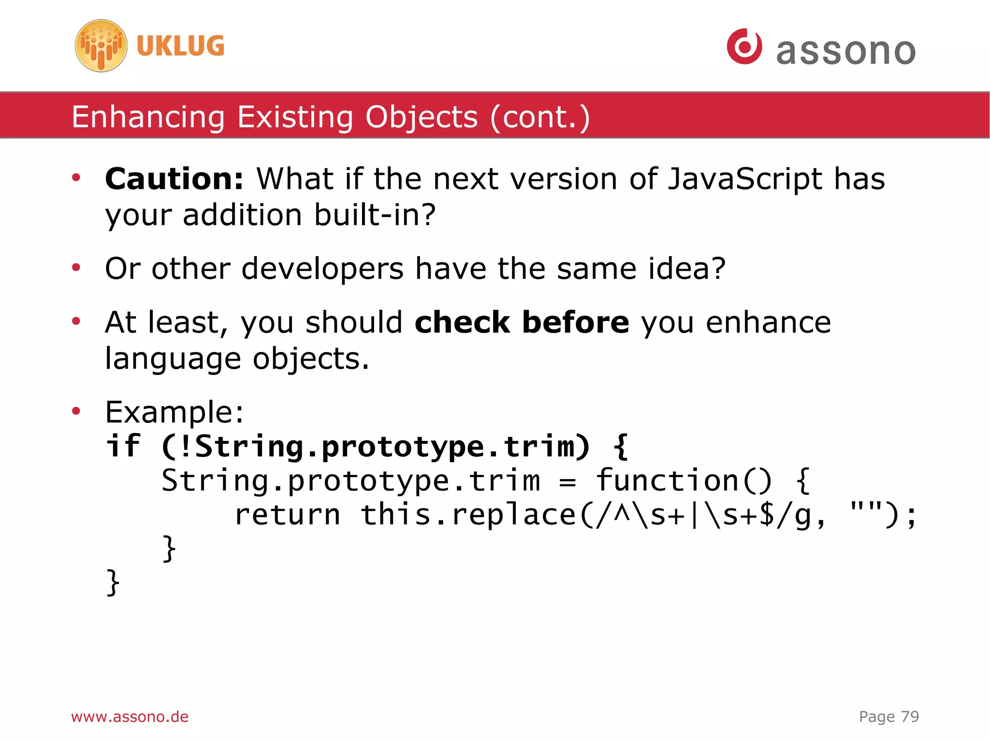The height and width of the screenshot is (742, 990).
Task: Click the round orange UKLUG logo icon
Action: click(101, 46)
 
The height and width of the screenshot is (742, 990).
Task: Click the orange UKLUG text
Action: click(180, 46)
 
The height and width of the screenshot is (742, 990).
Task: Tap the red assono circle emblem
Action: click(744, 46)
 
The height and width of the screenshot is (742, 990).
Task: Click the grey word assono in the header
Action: click(845, 51)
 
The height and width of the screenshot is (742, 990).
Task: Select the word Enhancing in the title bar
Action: click(148, 117)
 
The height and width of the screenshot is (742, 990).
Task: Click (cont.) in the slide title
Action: click(540, 117)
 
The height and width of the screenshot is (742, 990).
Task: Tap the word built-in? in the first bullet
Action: click(375, 215)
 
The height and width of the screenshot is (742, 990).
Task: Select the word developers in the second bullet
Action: click(322, 269)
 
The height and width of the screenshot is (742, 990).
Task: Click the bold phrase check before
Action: click(522, 322)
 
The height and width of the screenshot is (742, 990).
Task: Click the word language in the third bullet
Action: click(173, 359)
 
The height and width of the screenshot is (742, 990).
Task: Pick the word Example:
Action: click(175, 412)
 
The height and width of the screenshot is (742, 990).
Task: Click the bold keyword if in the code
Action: click(123, 446)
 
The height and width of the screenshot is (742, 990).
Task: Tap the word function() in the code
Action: click(684, 481)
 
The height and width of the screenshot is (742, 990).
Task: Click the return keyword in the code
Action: click(287, 515)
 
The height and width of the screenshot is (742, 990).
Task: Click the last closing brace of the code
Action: click(113, 582)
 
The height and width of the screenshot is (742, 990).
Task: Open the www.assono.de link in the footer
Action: click(130, 716)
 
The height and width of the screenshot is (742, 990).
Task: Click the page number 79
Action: click(910, 716)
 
